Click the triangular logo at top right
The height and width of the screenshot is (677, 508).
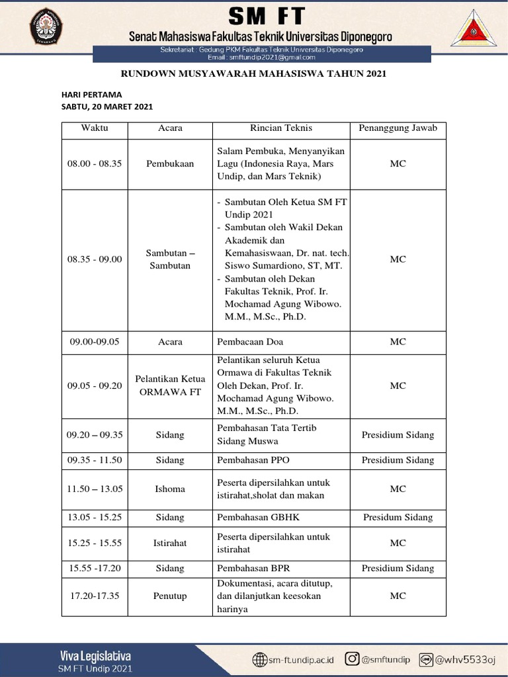[x=472, y=28]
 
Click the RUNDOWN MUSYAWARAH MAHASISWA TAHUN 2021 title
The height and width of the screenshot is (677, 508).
[x=253, y=74]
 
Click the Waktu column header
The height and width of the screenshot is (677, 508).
[x=95, y=128]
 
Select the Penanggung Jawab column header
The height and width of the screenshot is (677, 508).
[x=398, y=128]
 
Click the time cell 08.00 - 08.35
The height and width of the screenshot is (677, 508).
[x=95, y=163]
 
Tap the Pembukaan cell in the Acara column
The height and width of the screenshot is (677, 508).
[x=170, y=163]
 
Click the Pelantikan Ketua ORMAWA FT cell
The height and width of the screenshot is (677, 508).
[x=170, y=385]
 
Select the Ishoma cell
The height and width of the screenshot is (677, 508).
[x=170, y=489]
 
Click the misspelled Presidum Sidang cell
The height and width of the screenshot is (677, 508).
[x=398, y=518]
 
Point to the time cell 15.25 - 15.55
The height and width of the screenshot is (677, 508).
[x=95, y=543]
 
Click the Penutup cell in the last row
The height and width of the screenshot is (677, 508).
[x=170, y=596]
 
